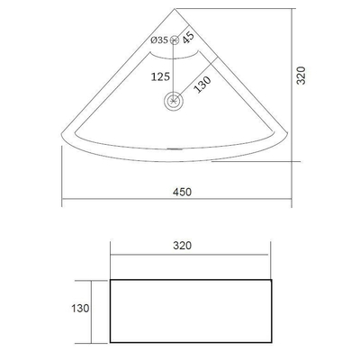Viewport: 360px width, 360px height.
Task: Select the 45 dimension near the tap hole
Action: pos(188,37)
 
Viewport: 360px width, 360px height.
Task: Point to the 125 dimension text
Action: pos(162,76)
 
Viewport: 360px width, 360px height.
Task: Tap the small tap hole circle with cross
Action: pos(175,40)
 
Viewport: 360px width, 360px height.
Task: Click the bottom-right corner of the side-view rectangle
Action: pos(272,341)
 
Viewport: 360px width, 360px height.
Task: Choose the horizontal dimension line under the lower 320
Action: pos(191,254)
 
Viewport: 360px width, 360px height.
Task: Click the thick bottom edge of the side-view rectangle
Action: pos(191,341)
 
